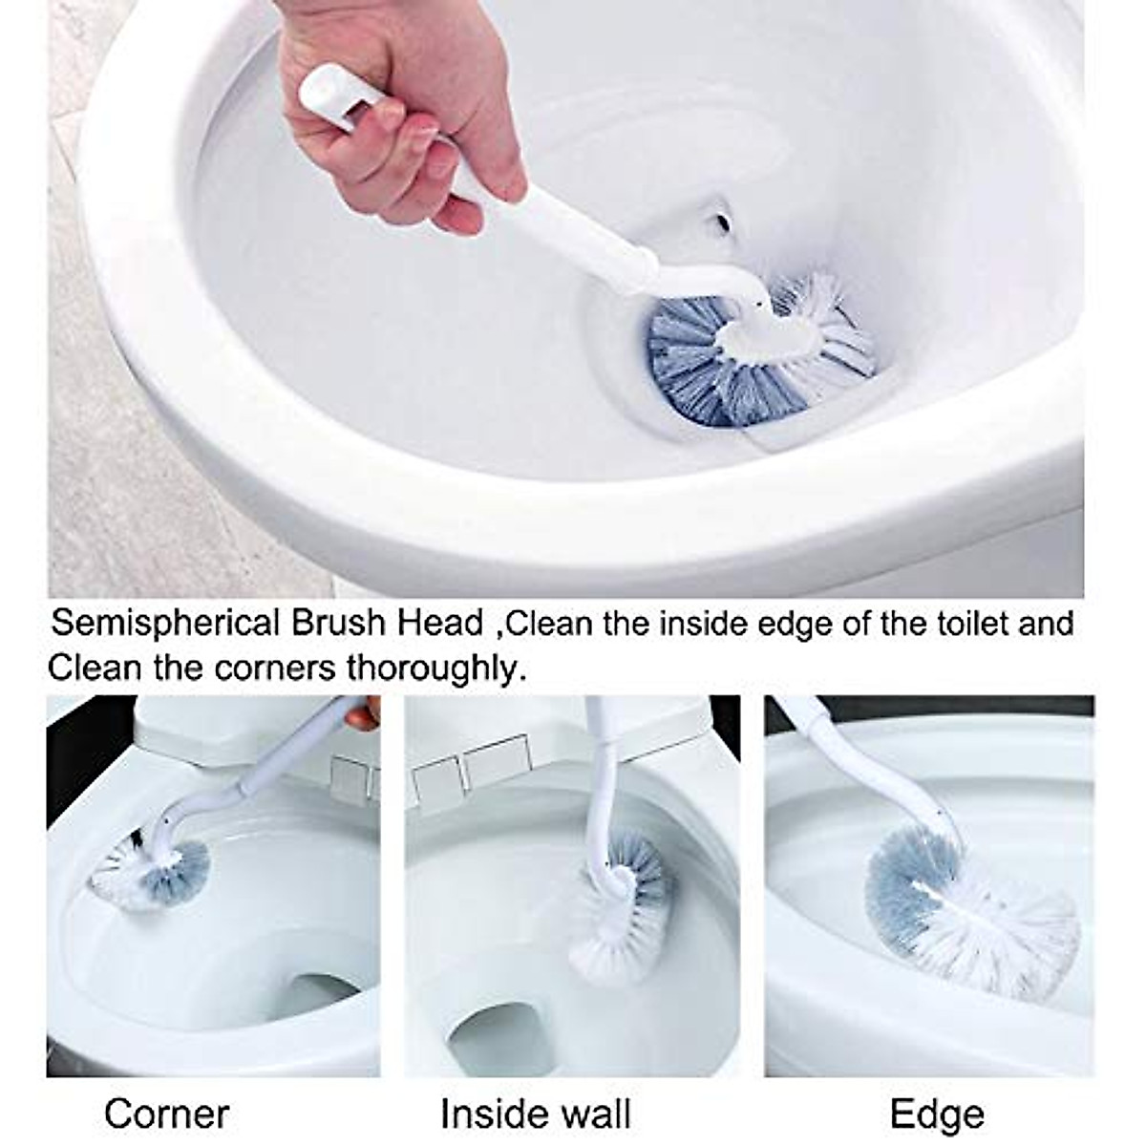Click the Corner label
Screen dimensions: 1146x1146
click(x=167, y=1114)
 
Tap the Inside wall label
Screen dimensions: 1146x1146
click(x=536, y=1114)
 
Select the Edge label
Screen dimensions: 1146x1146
click(x=937, y=1114)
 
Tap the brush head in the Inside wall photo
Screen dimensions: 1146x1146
click(x=621, y=893)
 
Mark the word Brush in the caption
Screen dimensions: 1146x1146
click(x=338, y=625)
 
